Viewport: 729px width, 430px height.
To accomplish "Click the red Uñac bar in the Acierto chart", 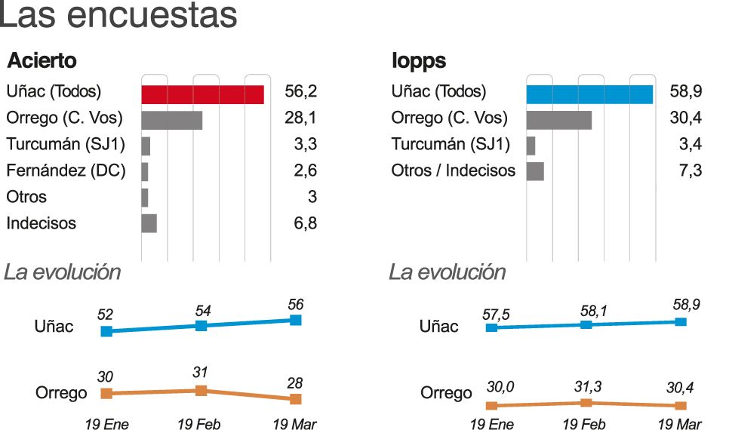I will coord(202,94).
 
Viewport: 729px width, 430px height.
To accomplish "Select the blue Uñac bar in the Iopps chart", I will coord(589,94).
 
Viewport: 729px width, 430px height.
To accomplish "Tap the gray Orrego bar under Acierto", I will coord(171,120).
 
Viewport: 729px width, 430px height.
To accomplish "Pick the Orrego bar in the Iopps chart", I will coord(558,120).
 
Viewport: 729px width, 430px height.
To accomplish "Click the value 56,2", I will coord(300,92).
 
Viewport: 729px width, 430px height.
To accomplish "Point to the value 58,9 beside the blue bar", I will coord(686,92).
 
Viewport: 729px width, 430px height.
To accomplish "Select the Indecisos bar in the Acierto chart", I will coord(149,223).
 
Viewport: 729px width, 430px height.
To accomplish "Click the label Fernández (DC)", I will coord(66,170).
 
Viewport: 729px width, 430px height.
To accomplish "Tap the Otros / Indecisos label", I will coord(453,170).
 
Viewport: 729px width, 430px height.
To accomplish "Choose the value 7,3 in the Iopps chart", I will coord(691,171).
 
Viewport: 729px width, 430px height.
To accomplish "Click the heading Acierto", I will coord(42,61).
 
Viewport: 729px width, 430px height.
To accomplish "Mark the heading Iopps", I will coord(419,61).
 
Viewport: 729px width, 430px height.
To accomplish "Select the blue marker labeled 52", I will coord(106,331).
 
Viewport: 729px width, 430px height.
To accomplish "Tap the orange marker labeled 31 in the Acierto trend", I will coord(201,390).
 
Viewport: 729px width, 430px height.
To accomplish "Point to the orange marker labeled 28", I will coord(296,398).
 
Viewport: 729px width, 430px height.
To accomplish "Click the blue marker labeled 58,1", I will coord(586,324).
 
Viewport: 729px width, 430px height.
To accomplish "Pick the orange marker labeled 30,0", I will coord(491,406).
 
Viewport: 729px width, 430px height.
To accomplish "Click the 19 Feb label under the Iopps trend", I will coord(584,424).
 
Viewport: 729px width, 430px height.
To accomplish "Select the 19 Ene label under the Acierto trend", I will coord(106,424).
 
